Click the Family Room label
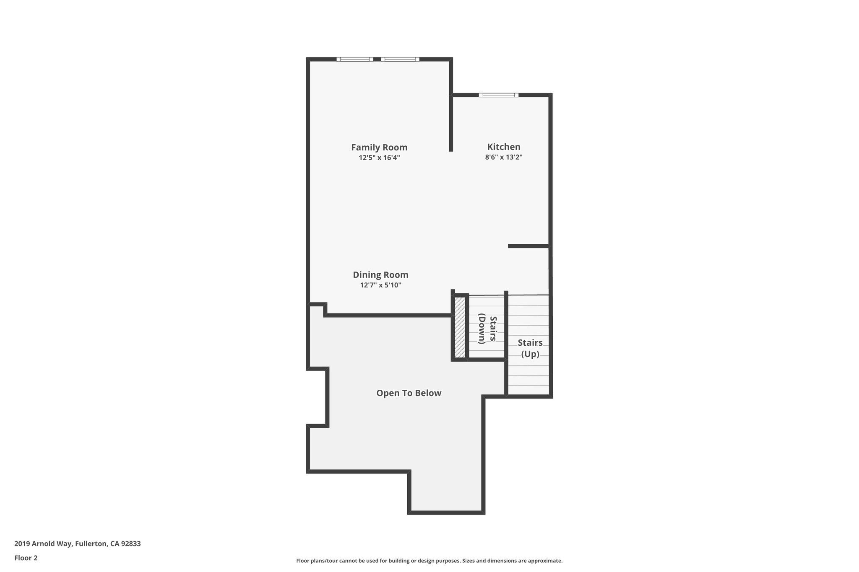tap(379, 148)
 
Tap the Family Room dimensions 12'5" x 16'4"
tap(379, 158)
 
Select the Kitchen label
tap(504, 147)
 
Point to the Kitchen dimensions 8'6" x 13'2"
tap(504, 158)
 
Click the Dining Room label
tap(380, 275)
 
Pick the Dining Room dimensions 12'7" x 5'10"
tap(380, 285)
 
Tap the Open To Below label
tap(409, 393)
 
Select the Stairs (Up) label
tap(530, 348)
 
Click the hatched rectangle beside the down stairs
tap(460, 327)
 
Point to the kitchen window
tap(499, 95)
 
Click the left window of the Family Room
tap(355, 59)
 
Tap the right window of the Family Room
tap(400, 59)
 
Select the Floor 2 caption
tap(26, 558)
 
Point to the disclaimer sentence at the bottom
tap(429, 561)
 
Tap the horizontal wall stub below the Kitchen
tap(528, 246)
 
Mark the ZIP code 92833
tap(131, 544)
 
